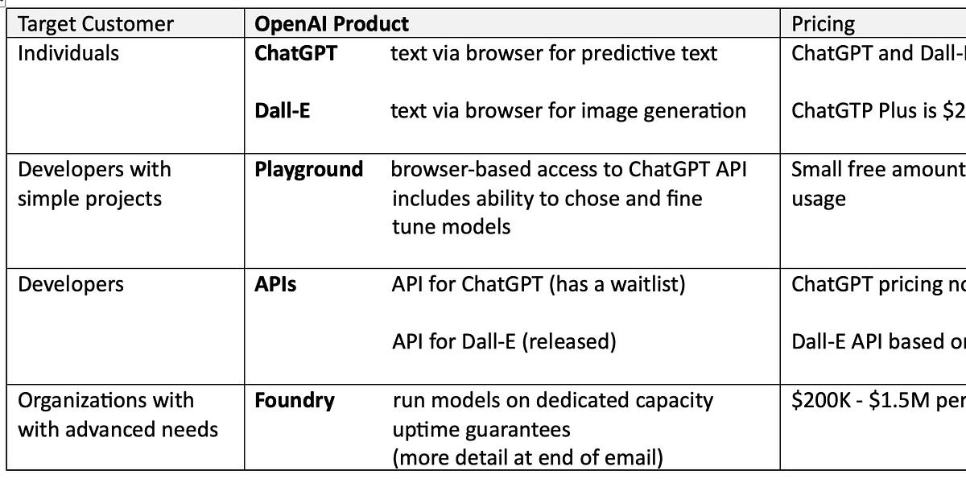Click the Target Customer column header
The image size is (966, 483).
95,23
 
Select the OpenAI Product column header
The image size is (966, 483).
331,23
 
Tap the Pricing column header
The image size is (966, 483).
823,23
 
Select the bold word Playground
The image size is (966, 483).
308,170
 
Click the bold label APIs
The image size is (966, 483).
275,285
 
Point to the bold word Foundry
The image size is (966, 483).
295,401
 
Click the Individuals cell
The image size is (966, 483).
68,54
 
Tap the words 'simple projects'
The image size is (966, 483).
89,199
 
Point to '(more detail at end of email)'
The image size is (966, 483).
527,458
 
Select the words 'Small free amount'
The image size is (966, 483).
877,170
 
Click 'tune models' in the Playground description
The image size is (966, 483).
451,227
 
